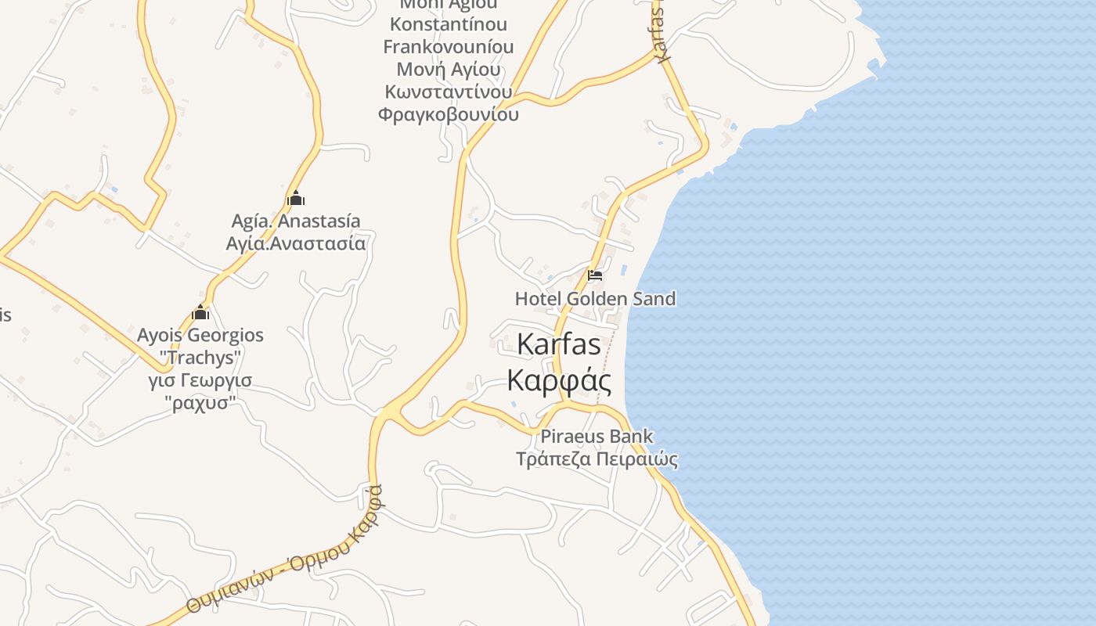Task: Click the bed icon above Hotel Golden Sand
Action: (x=595, y=275)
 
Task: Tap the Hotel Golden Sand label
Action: (x=595, y=299)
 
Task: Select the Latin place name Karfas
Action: (x=559, y=344)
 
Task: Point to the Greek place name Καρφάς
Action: (x=559, y=380)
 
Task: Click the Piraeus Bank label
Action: (x=597, y=437)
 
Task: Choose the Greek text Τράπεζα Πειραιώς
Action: (x=597, y=459)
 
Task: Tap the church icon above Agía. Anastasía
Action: (x=295, y=198)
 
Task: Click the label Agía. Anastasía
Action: (x=296, y=221)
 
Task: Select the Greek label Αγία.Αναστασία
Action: (x=296, y=243)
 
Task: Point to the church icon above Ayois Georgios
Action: (x=200, y=313)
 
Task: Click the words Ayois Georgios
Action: (x=200, y=336)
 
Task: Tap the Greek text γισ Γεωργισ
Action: (x=200, y=381)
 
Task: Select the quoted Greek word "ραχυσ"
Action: (x=200, y=404)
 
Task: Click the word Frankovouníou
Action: (x=449, y=47)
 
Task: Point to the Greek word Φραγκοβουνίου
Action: (x=449, y=115)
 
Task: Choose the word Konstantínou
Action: (x=449, y=24)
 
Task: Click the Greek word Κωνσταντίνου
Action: (x=449, y=92)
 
